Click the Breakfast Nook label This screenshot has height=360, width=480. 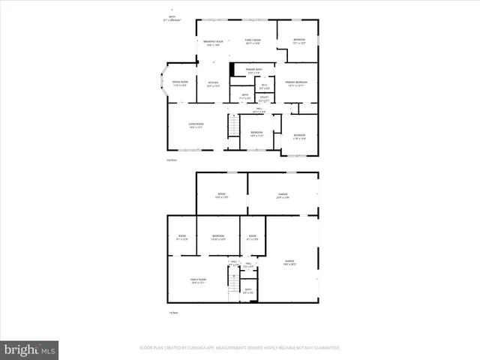pos(214,43)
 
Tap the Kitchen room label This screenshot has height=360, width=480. pos(213,84)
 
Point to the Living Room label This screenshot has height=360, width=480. pos(196,126)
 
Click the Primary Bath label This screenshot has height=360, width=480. pos(254,71)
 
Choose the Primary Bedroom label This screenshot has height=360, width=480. pos(295,83)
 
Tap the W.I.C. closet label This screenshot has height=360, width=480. pos(265,86)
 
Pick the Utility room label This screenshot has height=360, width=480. pos(264,97)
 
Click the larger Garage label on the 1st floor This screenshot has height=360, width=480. pos(289,262)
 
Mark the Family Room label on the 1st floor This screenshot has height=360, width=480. pos(198,280)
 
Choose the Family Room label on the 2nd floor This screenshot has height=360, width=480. pos(251,43)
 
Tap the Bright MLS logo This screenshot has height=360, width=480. pos(30,349)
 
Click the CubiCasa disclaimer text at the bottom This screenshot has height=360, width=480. pos(240,348)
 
